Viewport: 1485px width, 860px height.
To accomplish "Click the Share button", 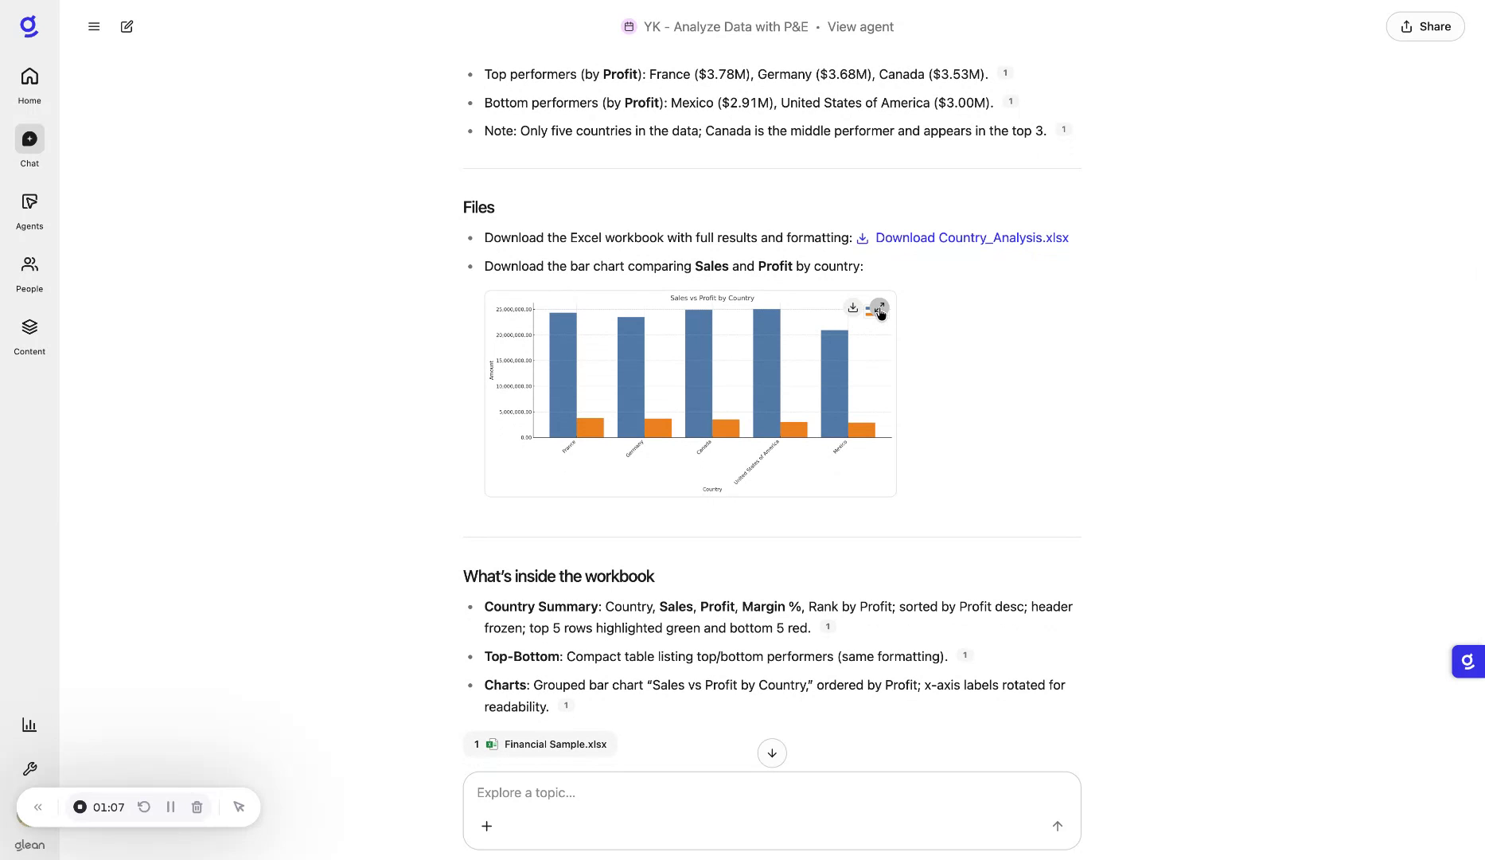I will pos(1425,26).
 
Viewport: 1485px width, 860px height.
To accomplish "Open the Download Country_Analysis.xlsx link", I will pos(971,237).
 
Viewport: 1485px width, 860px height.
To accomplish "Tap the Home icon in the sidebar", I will pos(29,77).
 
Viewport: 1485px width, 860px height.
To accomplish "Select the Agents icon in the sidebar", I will pos(29,202).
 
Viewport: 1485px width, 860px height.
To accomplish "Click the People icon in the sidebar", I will pos(29,265).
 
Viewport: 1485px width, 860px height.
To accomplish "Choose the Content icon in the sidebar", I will pos(29,327).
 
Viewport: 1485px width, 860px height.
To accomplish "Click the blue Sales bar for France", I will pos(563,374).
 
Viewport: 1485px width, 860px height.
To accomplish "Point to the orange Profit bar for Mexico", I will pos(861,429).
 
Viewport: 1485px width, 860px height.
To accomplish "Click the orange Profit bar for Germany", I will pos(658,428).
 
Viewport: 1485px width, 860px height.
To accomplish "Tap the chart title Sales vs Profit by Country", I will pos(711,298).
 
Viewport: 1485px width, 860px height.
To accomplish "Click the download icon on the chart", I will pos(852,307).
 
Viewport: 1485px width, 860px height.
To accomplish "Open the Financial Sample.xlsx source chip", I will pos(540,744).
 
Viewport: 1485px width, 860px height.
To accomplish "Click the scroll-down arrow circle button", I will pos(771,752).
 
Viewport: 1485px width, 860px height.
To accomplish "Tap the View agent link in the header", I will pos(860,26).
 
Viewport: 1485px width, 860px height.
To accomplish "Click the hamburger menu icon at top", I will pos(94,26).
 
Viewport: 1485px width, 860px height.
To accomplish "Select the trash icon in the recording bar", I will pos(197,807).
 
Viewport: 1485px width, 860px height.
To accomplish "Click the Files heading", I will pos(478,207).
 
